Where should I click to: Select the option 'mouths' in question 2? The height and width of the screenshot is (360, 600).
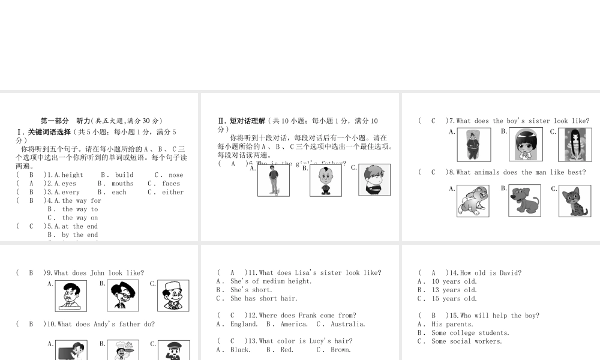tap(122, 184)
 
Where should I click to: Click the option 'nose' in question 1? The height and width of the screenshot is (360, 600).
tap(176, 175)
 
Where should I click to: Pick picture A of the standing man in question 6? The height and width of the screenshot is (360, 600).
tap(274, 181)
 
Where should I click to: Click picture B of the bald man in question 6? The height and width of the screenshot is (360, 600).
tap(326, 181)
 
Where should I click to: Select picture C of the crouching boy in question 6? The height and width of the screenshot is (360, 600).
tap(374, 180)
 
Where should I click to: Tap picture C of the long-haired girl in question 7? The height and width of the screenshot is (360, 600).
tap(575, 145)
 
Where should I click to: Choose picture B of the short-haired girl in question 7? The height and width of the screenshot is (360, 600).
tap(526, 145)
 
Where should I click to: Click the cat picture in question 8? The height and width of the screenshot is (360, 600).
tap(575, 201)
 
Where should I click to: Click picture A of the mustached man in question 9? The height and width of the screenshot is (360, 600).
tap(71, 296)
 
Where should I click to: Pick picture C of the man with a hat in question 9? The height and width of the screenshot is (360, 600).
tap(173, 296)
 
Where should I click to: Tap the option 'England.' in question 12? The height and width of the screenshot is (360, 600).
tap(244, 324)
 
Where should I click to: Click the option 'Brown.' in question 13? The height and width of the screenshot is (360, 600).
tap(340, 350)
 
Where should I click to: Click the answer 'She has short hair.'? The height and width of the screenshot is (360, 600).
tap(263, 298)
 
